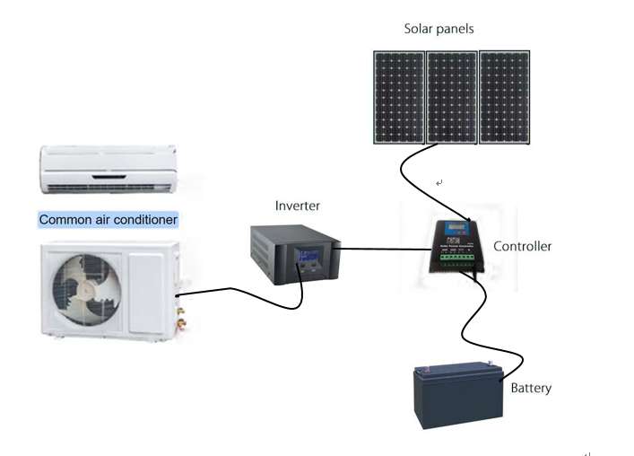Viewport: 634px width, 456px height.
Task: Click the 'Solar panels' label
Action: point(438,29)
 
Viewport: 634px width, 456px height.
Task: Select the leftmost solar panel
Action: point(399,97)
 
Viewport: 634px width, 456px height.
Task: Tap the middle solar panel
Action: point(451,97)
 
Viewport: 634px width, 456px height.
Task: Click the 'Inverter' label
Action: point(297,206)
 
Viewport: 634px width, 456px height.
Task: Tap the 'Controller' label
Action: point(522,246)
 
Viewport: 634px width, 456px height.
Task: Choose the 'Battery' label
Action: point(531,389)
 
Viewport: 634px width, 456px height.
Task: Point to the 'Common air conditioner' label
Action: point(108,220)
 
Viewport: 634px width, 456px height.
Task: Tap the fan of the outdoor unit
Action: point(86,285)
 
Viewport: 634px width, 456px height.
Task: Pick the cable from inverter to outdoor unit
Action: point(233,291)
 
